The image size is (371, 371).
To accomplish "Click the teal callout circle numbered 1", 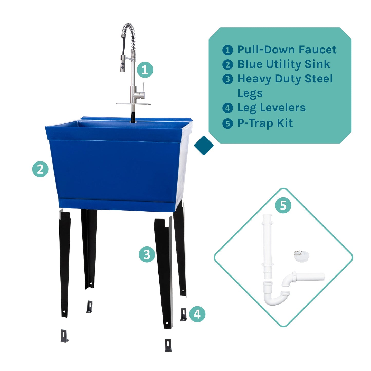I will [145, 70].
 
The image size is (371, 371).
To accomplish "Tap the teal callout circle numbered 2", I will [40, 169].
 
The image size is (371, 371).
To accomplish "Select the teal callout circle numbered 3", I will [147, 254].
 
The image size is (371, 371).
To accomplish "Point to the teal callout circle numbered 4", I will [197, 314].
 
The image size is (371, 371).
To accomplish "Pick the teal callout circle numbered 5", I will [283, 205].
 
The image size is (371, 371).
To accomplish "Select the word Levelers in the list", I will [283, 108].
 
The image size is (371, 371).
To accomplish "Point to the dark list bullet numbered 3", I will [227, 79].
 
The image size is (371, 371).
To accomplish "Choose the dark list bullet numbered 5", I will [227, 123].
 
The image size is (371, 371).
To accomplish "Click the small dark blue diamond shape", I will [204, 145].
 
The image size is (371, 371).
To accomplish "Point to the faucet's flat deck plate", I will [134, 104].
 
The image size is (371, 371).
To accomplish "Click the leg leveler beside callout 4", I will [184, 315].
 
